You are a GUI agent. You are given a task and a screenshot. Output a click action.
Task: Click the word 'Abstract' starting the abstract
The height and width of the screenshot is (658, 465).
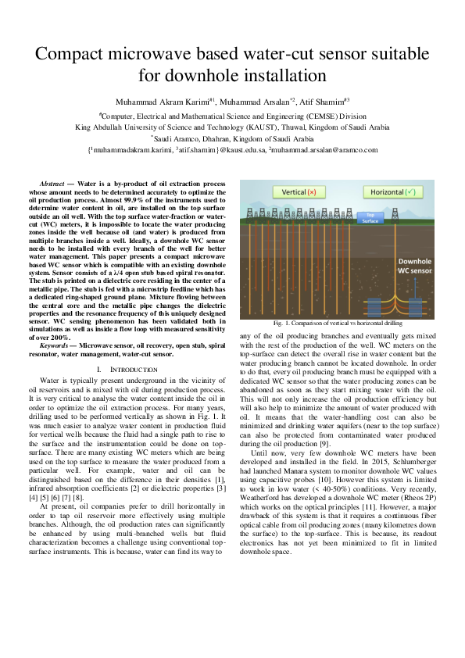tap(53, 182)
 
